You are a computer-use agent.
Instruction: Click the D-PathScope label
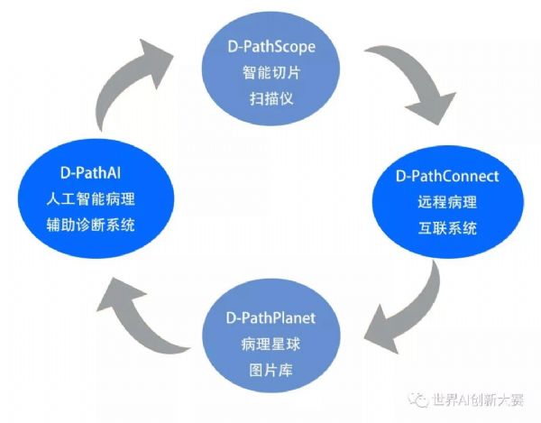(271, 47)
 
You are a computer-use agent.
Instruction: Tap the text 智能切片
(271, 72)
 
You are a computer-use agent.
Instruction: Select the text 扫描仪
(271, 98)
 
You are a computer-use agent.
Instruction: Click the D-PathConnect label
(447, 176)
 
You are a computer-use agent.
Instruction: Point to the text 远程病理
(447, 202)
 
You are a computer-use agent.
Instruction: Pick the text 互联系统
(447, 228)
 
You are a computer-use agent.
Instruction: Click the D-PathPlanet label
(270, 317)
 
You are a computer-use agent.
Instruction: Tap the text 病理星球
(270, 344)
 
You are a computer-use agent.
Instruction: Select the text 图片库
(270, 370)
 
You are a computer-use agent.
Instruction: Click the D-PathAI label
(90, 172)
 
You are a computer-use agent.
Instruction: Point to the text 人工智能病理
(90, 199)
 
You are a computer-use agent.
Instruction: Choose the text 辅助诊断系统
(90, 225)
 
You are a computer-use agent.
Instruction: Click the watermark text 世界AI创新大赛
(478, 400)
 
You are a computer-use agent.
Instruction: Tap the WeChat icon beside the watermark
(417, 400)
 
